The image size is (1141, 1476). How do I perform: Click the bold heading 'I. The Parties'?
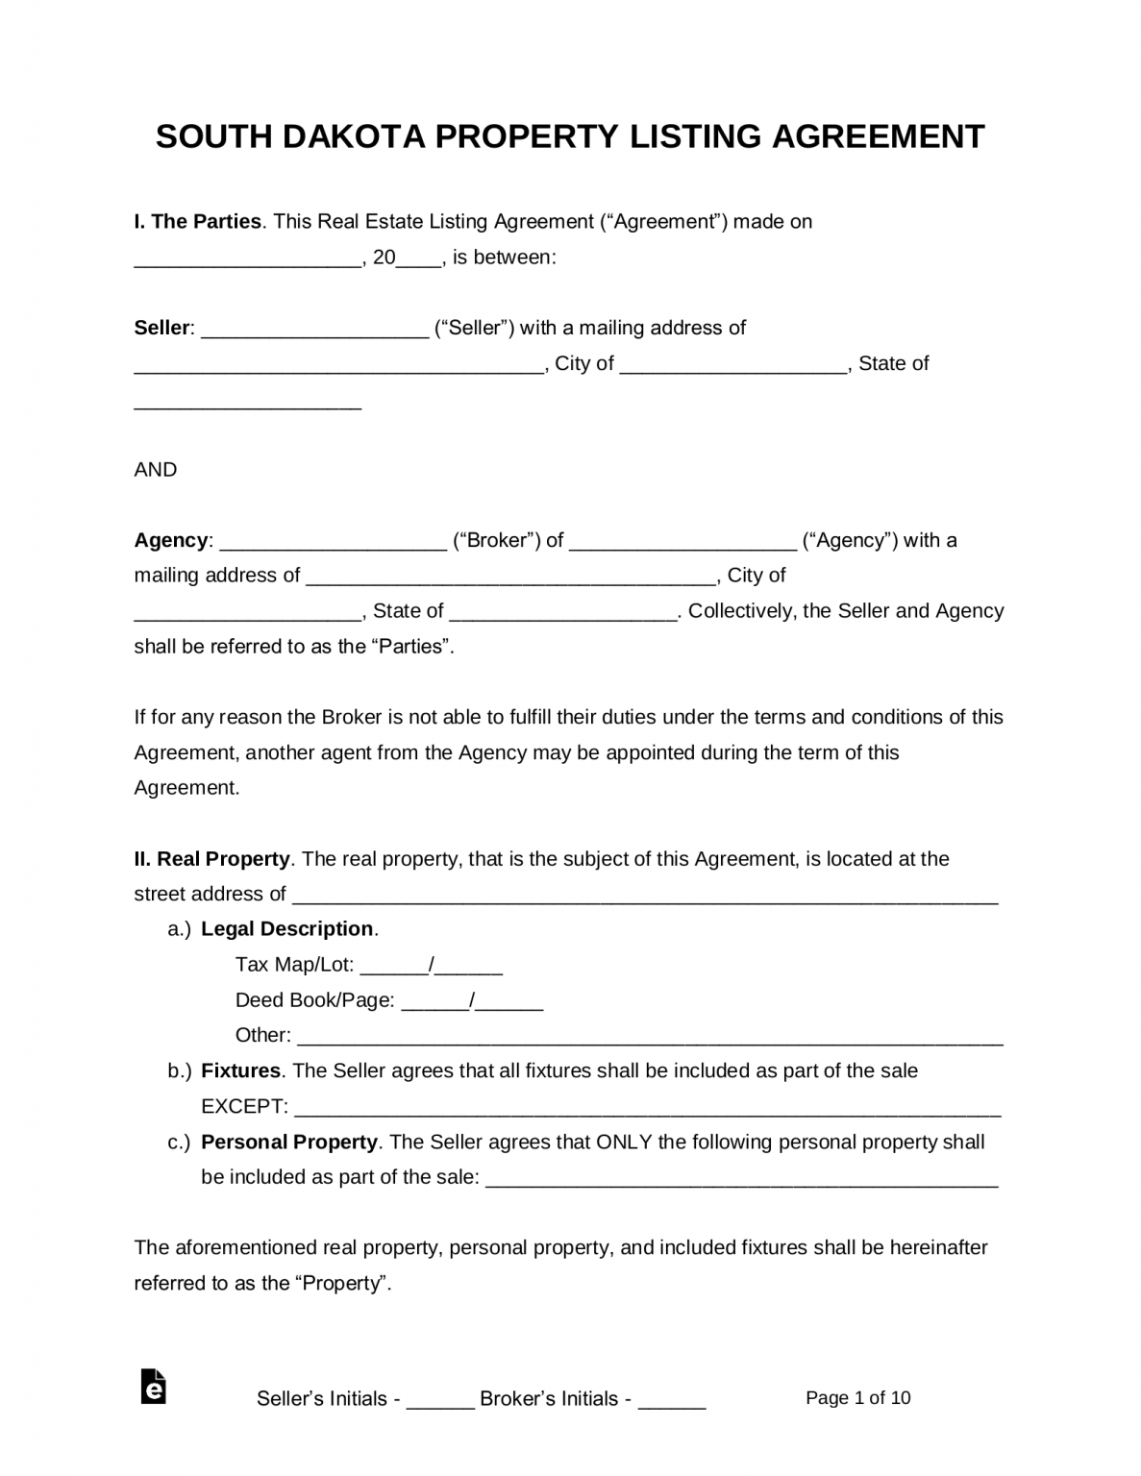point(197,221)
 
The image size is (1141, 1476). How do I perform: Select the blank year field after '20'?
point(419,258)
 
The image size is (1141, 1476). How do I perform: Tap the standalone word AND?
point(156,470)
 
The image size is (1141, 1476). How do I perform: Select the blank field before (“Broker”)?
point(334,541)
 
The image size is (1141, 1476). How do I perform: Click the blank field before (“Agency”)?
point(682,541)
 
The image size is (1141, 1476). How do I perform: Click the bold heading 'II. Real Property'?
point(211,859)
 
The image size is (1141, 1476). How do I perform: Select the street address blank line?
point(644,896)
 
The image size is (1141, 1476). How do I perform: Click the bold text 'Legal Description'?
point(286,929)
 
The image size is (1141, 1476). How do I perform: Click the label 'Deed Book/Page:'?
point(314,1000)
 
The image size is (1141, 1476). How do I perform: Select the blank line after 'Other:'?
point(650,1037)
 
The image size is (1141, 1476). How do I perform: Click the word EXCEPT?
point(243,1107)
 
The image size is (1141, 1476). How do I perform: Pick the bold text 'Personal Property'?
point(288,1143)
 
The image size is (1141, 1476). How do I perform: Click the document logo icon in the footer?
point(153,1387)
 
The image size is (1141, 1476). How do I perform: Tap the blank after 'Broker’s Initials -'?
point(672,1400)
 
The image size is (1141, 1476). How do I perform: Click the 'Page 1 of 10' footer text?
point(857,1398)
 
